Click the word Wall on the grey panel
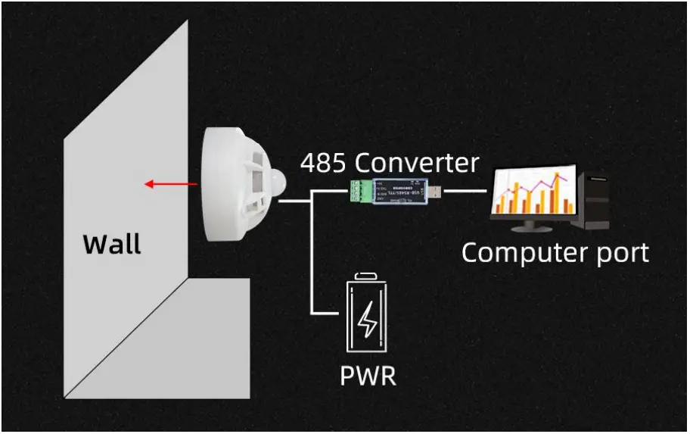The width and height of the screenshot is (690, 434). pyautogui.click(x=111, y=244)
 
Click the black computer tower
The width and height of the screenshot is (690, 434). pyautogui.click(x=595, y=198)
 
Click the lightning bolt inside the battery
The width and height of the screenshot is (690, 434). pyautogui.click(x=368, y=320)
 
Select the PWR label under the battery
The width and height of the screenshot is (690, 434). pyautogui.click(x=368, y=375)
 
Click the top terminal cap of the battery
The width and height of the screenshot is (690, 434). pyautogui.click(x=368, y=276)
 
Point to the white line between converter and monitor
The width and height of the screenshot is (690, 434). pyautogui.click(x=465, y=190)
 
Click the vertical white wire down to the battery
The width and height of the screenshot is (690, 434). pyautogui.click(x=312, y=258)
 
